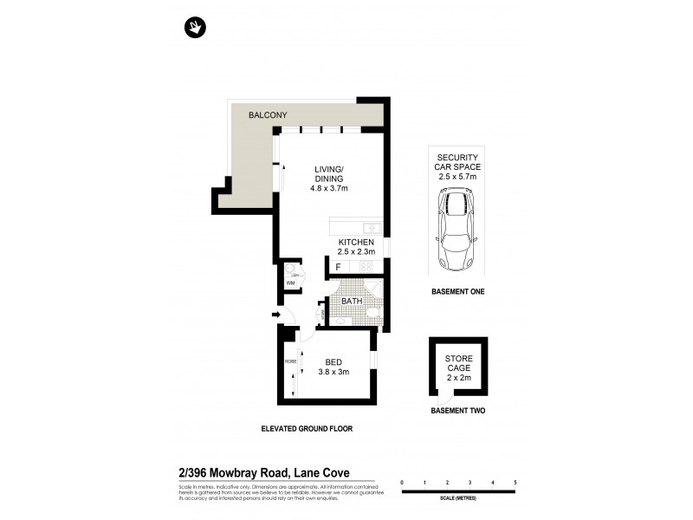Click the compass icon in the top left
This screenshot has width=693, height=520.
click(195, 28)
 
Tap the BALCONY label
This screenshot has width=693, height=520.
click(268, 115)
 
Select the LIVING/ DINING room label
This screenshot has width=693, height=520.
click(328, 173)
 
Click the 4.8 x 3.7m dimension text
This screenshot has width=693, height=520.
click(328, 188)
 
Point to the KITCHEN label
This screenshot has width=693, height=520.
click(355, 243)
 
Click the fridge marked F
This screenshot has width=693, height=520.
click(338, 268)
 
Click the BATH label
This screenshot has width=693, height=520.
click(351, 302)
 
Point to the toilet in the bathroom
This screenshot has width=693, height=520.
click(371, 313)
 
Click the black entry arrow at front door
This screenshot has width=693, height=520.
click(276, 315)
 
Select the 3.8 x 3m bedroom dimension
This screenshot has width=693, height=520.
click(333, 373)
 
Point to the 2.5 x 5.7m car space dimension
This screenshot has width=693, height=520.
click(458, 176)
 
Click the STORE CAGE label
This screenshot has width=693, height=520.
click(458, 363)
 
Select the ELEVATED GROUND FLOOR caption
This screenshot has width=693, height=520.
click(307, 428)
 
